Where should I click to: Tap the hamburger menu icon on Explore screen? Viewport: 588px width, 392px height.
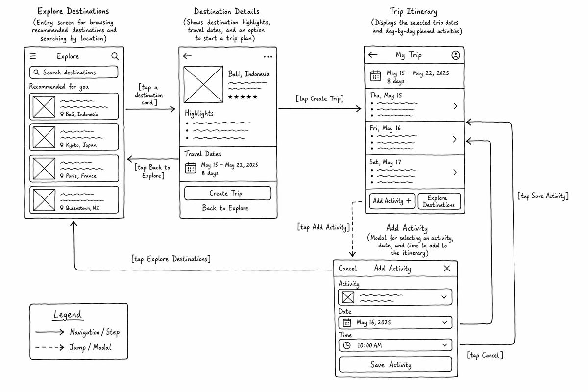pyautogui.click(x=33, y=56)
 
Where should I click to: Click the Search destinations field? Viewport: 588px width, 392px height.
pyautogui.click(x=74, y=72)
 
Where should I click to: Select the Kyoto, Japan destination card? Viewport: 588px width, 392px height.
pyautogui.click(x=74, y=137)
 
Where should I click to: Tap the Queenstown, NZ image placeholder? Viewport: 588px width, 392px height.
pyautogui.click(x=44, y=200)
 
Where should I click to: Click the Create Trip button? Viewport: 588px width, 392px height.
pyautogui.click(x=227, y=193)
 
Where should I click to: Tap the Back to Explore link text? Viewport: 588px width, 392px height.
pyautogui.click(x=225, y=208)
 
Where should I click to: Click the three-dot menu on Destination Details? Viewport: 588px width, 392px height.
pyautogui.click(x=268, y=57)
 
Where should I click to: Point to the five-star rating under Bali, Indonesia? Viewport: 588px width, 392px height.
pyautogui.click(x=243, y=97)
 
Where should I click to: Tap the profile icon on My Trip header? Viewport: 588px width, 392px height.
pyautogui.click(x=455, y=55)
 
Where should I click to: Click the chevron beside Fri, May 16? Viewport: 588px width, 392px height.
pyautogui.click(x=455, y=139)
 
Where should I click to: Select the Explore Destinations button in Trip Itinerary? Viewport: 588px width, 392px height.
pyautogui.click(x=439, y=201)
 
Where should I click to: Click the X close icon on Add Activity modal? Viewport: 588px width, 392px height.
pyautogui.click(x=447, y=269)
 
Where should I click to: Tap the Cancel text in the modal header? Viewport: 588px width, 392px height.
pyautogui.click(x=347, y=269)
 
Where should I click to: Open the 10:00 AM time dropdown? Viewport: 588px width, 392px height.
pyautogui.click(x=395, y=345)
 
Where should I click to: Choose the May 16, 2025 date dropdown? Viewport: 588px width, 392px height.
pyautogui.click(x=395, y=322)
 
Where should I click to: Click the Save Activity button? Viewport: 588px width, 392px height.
pyautogui.click(x=395, y=365)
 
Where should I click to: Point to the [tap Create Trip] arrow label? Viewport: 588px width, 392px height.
pyautogui.click(x=319, y=98)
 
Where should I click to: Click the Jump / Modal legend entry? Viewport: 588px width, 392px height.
pyautogui.click(x=73, y=347)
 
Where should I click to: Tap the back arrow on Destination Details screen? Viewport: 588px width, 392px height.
pyautogui.click(x=187, y=56)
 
